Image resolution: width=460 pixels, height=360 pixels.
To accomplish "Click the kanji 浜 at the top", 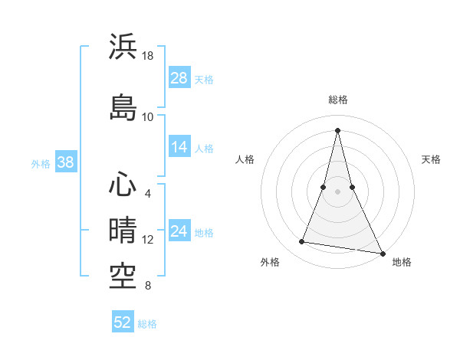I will pos(123,47).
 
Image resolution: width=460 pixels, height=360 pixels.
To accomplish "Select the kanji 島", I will pos(123,107).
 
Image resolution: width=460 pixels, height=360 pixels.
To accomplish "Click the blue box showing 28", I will pos(179,77).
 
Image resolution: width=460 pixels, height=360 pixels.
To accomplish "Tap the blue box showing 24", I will pos(179,231).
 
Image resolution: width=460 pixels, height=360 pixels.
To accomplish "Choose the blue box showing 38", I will pos(65,162).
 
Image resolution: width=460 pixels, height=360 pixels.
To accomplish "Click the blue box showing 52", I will pos(123,322).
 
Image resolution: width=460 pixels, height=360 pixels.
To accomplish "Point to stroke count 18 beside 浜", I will pos(148,56).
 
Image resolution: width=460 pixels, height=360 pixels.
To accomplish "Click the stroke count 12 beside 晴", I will pos(148,240).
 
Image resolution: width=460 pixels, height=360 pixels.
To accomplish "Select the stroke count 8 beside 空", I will pos(148,286).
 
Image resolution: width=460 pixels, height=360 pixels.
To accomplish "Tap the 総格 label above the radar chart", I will pos(338,100).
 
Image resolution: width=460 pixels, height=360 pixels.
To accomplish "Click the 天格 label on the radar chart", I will pos(431,159).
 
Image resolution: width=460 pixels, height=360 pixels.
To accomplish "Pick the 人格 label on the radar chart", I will pos(245,159).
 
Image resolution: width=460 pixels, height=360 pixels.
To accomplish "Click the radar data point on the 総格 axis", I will pos(338,129).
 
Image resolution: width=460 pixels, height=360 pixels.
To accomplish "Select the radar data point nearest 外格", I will pos(302,242).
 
